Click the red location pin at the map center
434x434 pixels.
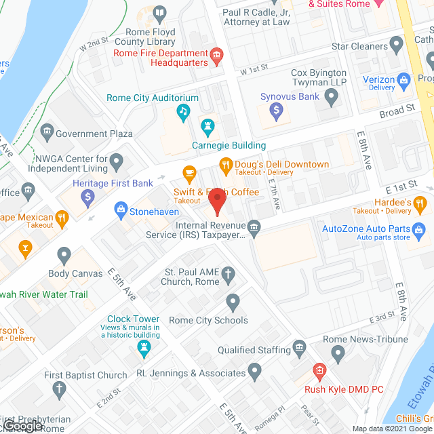[217, 201]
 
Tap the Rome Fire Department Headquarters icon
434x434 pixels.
[217, 58]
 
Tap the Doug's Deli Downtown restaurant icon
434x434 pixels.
[225, 165]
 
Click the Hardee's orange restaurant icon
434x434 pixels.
[420, 201]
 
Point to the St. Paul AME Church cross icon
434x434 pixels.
[229, 275]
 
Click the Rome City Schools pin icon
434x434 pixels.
[233, 301]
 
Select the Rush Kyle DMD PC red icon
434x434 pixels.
[319, 371]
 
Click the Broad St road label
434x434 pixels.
[397, 109]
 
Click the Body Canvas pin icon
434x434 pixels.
[64, 256]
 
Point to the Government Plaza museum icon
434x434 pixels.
[47, 130]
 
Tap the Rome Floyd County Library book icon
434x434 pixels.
[159, 13]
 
